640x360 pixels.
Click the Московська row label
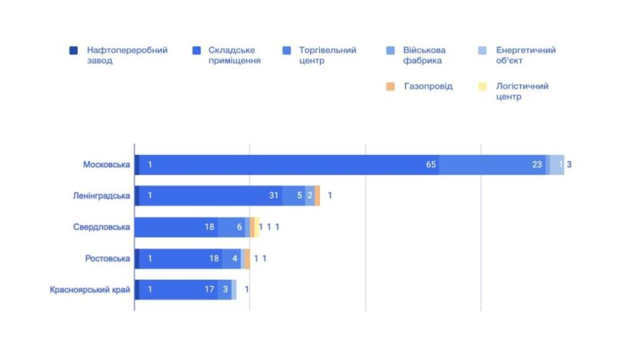point(106,165)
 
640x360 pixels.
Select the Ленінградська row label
point(100,196)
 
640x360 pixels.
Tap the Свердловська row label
point(102,227)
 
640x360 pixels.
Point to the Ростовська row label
point(108,258)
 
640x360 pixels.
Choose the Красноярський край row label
point(90,290)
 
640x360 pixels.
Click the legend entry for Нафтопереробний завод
point(127,55)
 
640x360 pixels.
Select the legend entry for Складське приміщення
point(234,55)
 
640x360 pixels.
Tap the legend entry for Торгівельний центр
point(327,55)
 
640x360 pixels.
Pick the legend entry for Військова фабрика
point(424,55)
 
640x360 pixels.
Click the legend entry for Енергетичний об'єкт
point(526,55)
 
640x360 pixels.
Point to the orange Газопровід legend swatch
point(390,87)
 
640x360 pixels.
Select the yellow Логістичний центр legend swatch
point(483,87)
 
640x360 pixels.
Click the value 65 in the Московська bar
point(431,165)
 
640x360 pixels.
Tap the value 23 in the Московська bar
point(537,165)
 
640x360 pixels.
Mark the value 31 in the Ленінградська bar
point(274,196)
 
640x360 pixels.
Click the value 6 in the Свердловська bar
point(240,227)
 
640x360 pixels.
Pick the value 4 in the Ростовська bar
point(234,258)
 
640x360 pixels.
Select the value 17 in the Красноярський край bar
point(210,290)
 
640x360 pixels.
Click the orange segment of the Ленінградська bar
point(318,196)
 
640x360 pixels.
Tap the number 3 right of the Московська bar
point(569,165)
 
